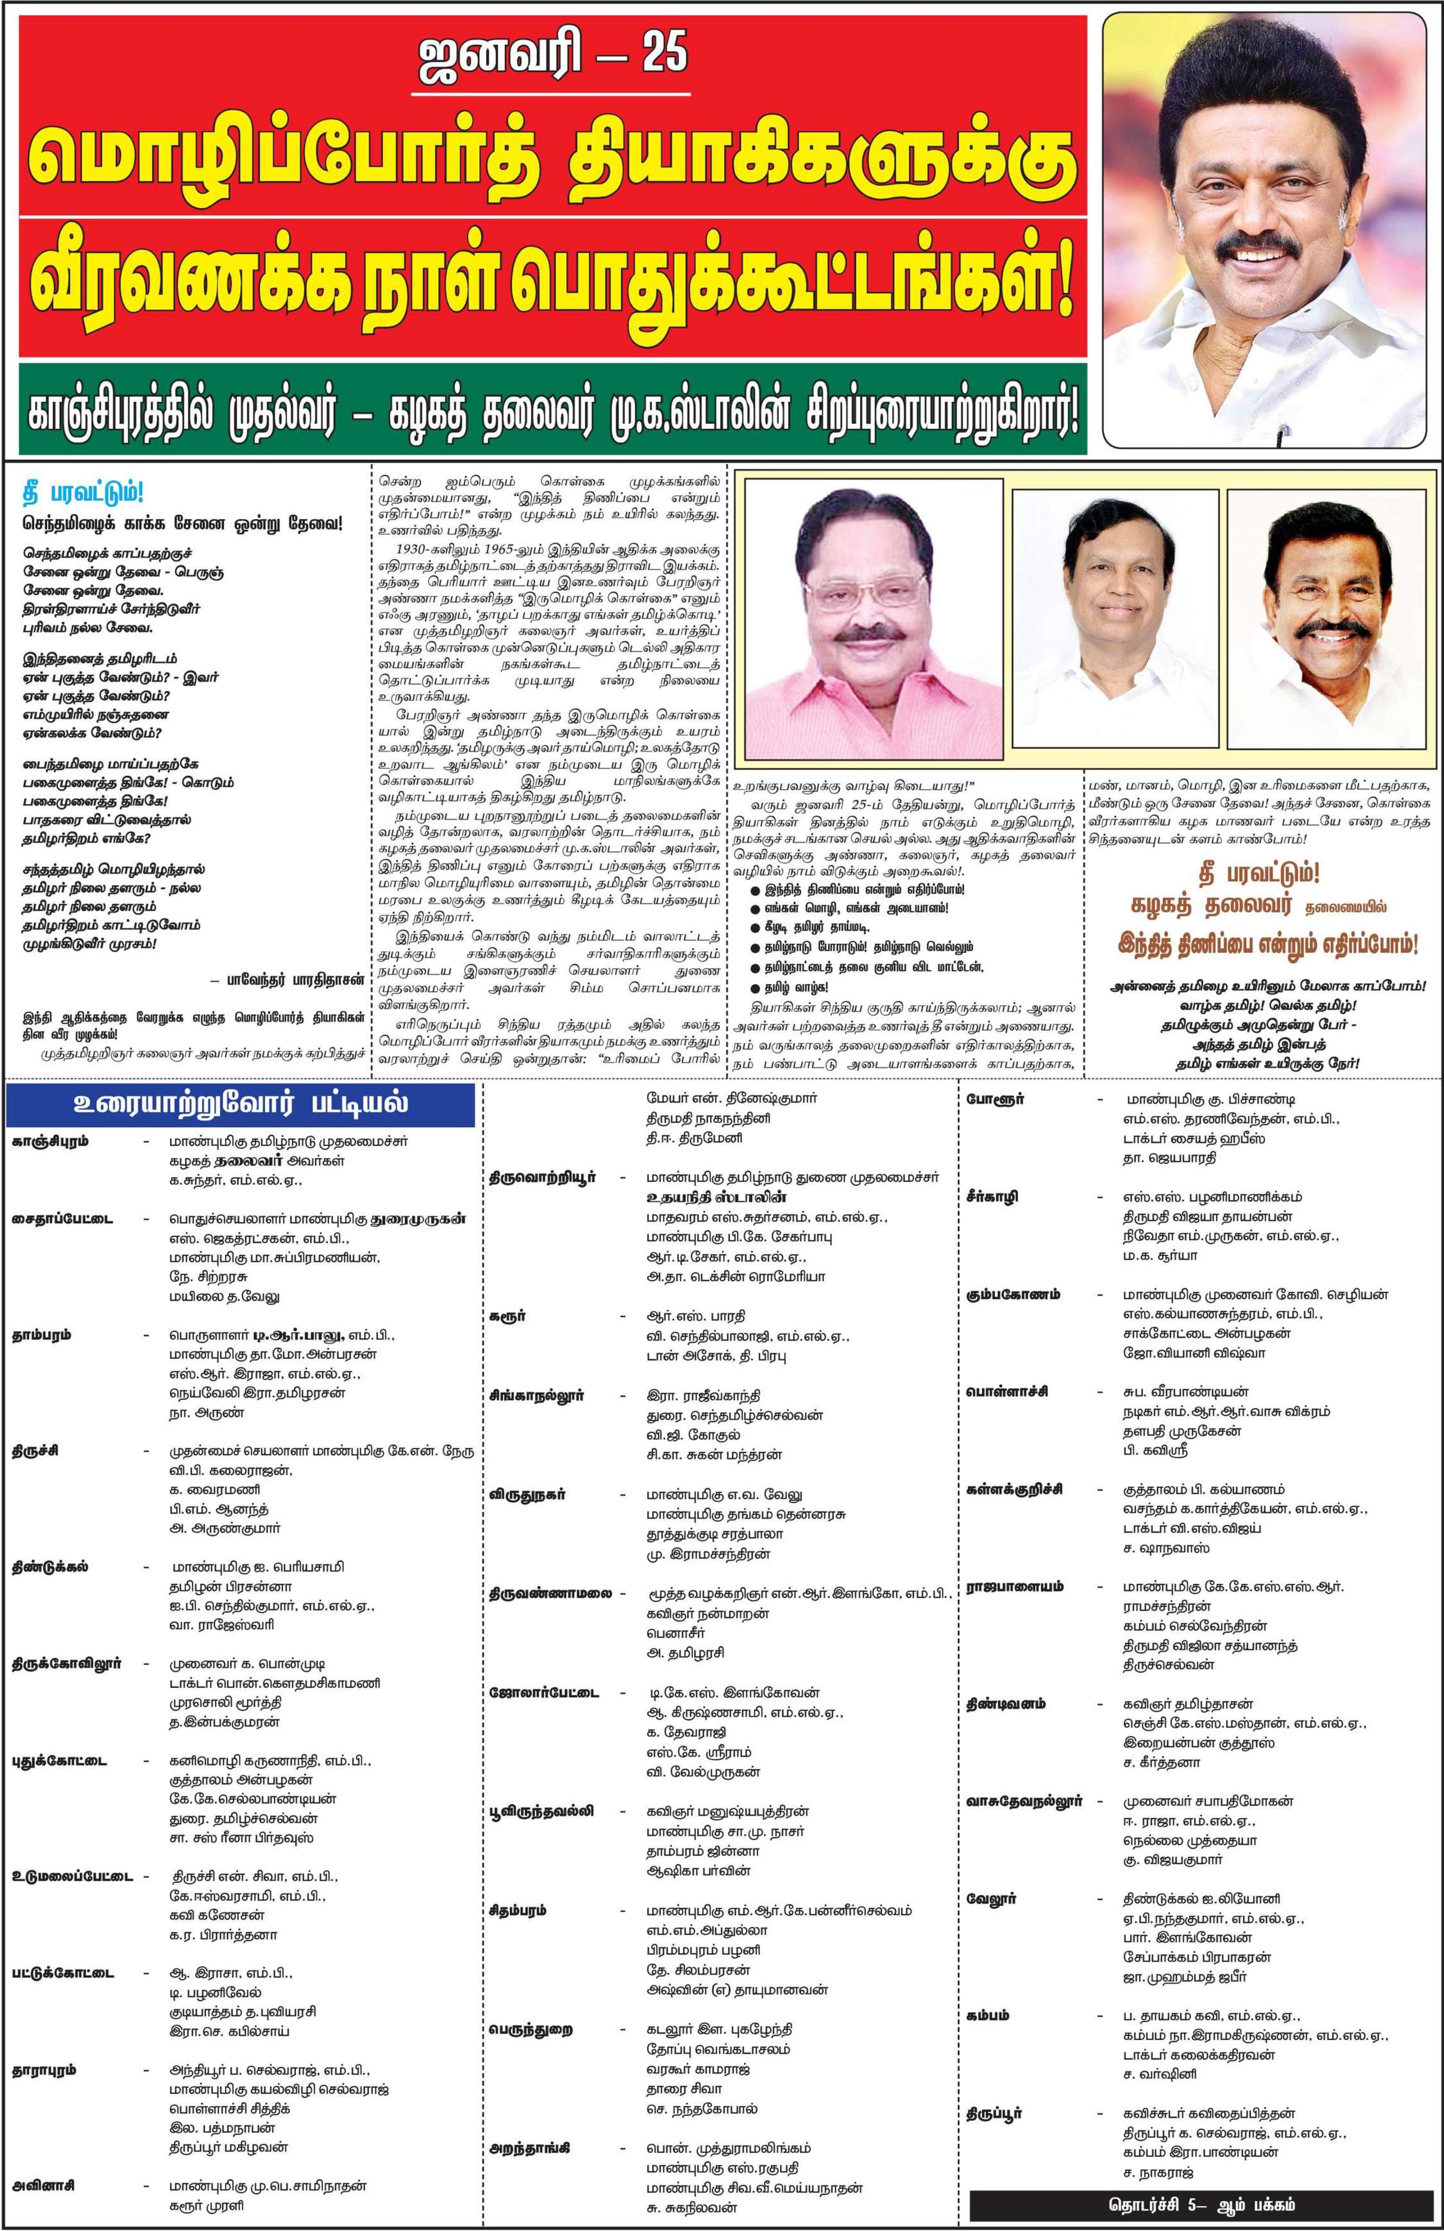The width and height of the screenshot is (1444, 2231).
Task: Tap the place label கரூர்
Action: tap(507, 1316)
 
